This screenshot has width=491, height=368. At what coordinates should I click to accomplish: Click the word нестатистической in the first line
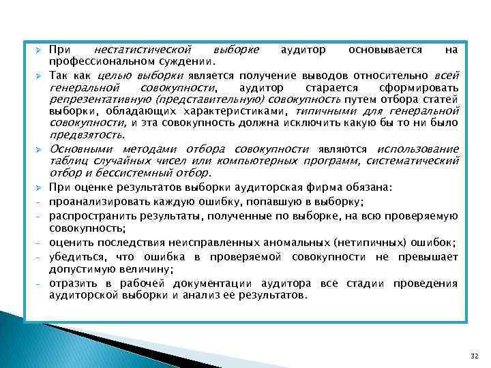point(143,50)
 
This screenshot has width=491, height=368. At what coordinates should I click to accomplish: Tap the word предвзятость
point(83,135)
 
